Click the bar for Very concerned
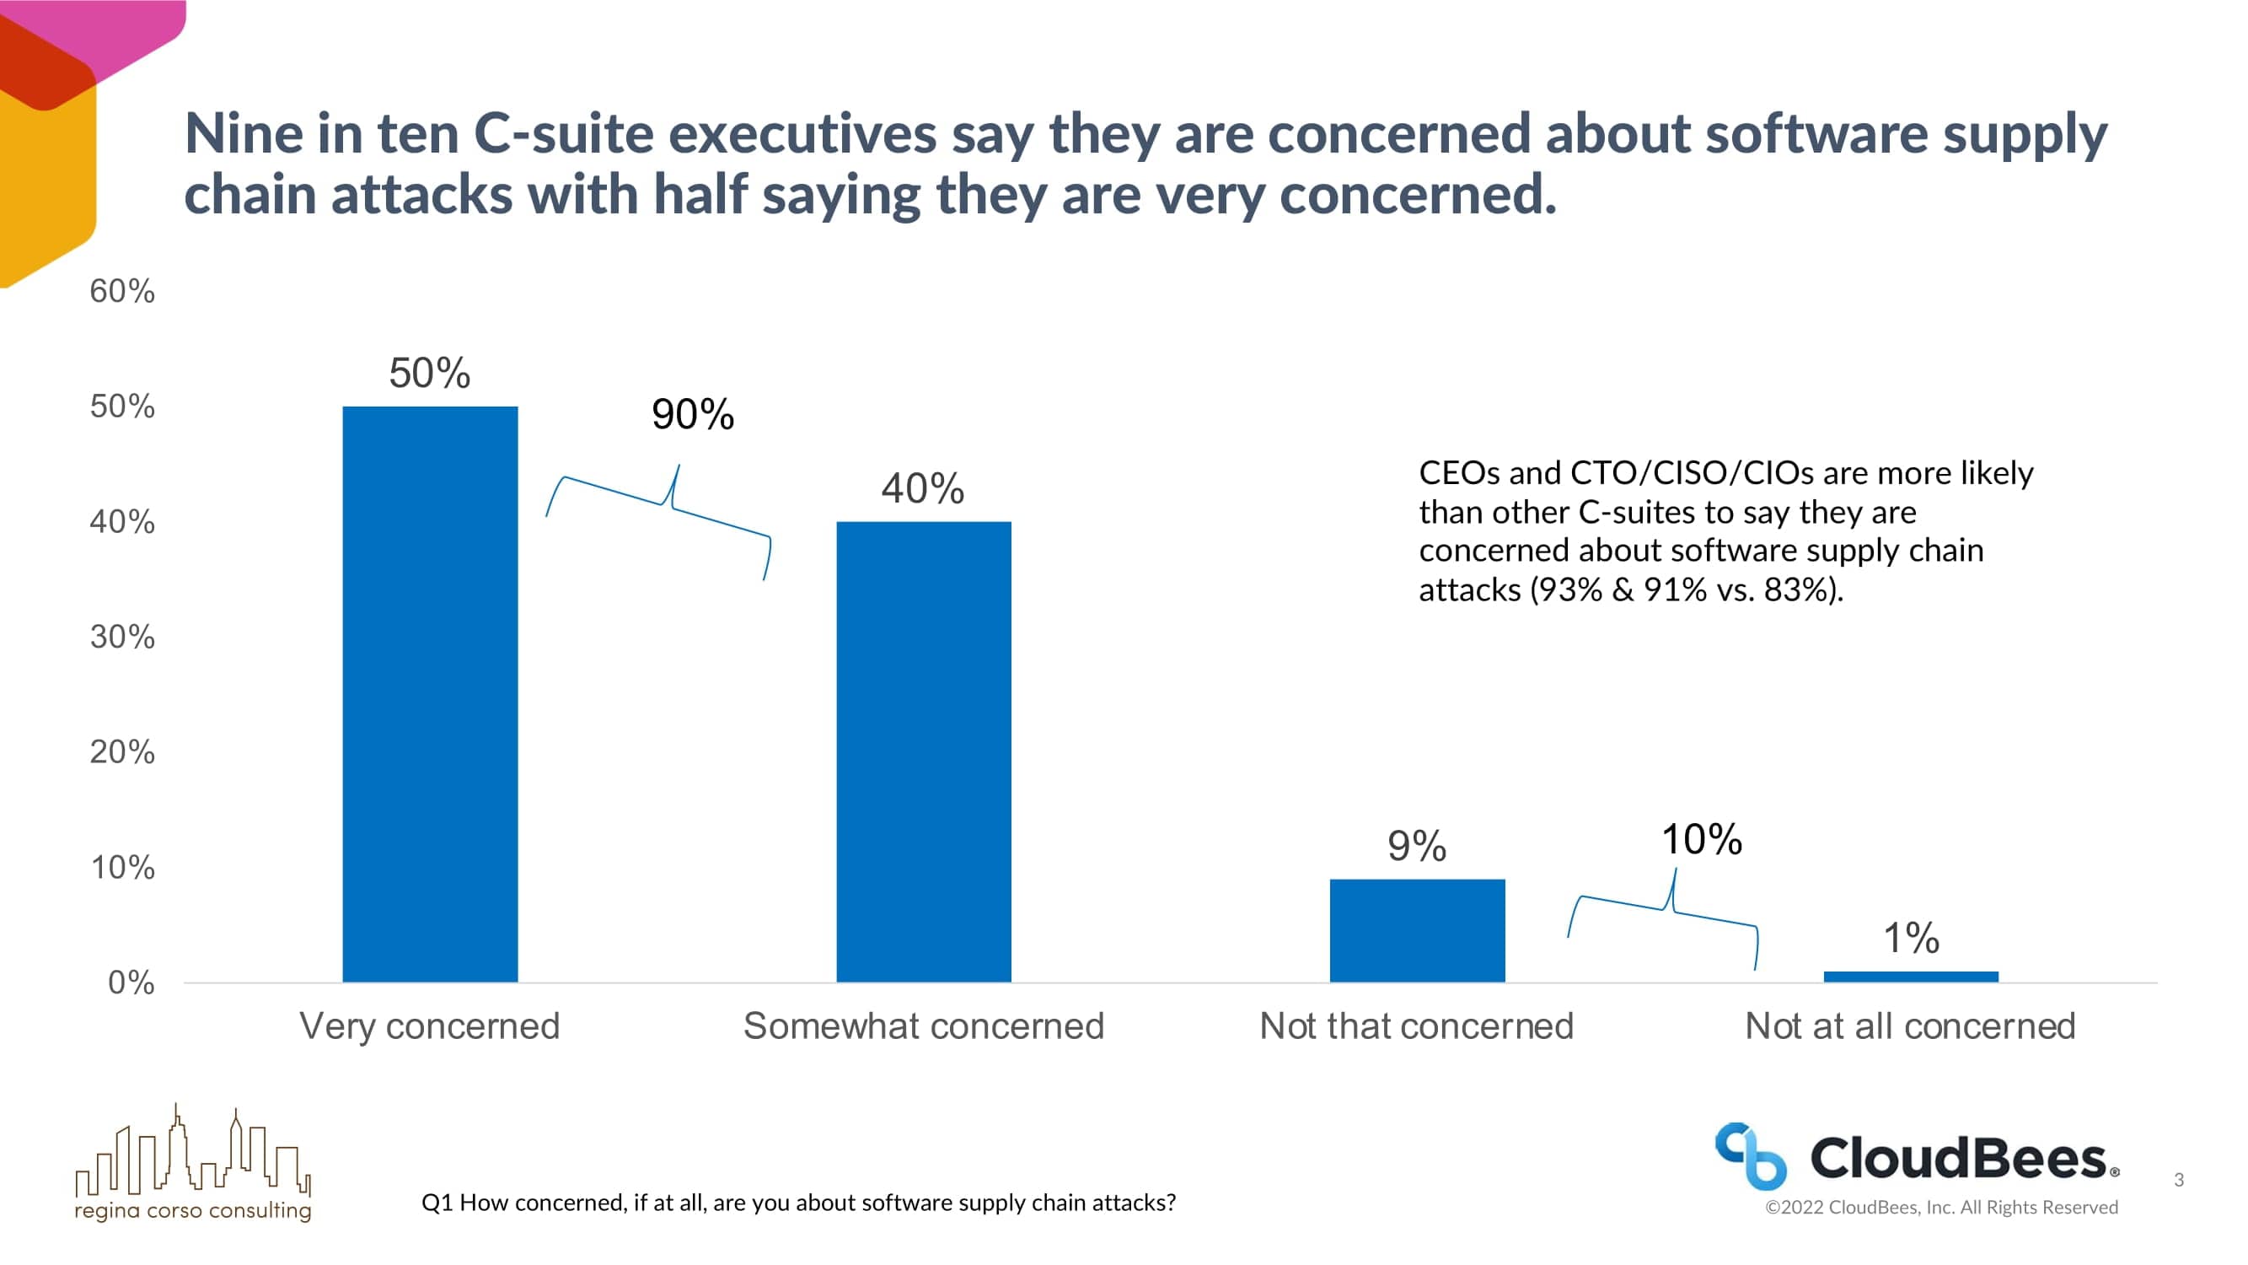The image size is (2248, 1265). pyautogui.click(x=429, y=694)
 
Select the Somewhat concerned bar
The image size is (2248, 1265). pyautogui.click(x=923, y=751)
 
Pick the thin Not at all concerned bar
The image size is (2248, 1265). pyautogui.click(x=1910, y=977)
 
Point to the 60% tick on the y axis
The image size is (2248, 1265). pyautogui.click(x=122, y=291)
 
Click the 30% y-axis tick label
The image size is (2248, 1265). pyautogui.click(x=122, y=637)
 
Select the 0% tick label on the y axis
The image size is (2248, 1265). pyautogui.click(x=131, y=982)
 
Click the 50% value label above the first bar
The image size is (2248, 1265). pyautogui.click(x=429, y=373)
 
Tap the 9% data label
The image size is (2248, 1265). pyautogui.click(x=1416, y=845)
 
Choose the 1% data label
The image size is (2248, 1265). pyautogui.click(x=1910, y=938)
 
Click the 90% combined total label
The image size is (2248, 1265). pyautogui.click(x=693, y=414)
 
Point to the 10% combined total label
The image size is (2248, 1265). pyautogui.click(x=1701, y=839)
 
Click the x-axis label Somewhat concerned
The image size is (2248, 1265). pyautogui.click(x=923, y=1025)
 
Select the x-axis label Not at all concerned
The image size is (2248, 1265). pyautogui.click(x=1909, y=1025)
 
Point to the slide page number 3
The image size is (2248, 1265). pyautogui.click(x=2178, y=1180)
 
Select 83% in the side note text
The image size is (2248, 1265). pyautogui.click(x=1795, y=589)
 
